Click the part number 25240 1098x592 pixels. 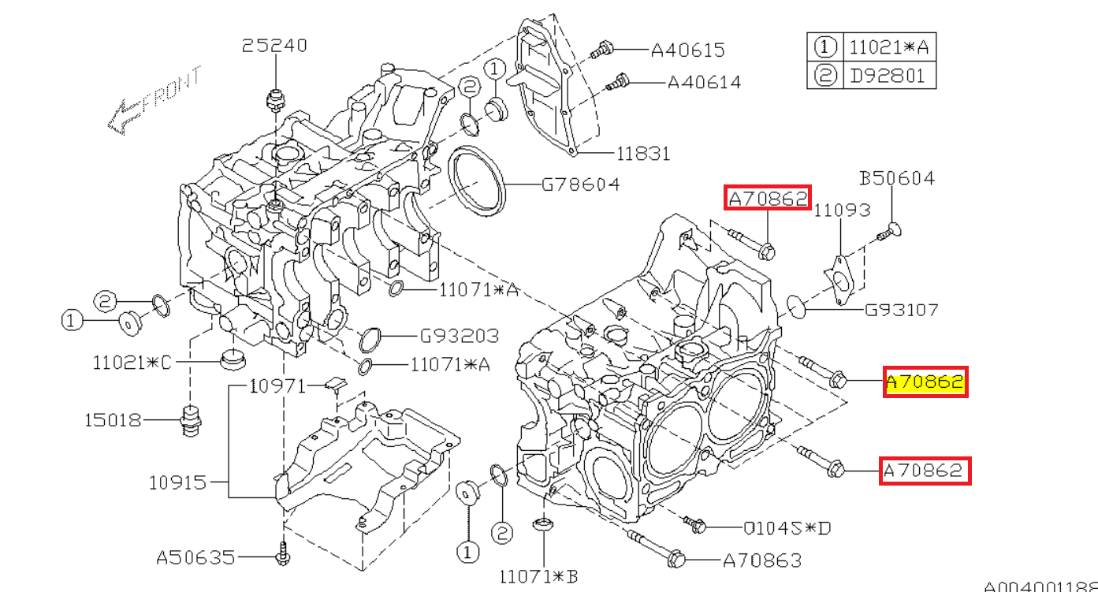tap(274, 46)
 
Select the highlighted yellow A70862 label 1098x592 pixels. tap(925, 382)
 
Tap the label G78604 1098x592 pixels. tap(580, 185)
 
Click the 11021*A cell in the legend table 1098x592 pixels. tap(888, 47)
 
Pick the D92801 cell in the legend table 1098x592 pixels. tap(888, 76)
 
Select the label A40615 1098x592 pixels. tap(687, 50)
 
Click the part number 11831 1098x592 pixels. tap(643, 154)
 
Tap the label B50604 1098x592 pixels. tap(897, 179)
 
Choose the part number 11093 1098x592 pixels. tap(842, 210)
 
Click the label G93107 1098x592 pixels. tap(902, 310)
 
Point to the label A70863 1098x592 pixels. tap(762, 560)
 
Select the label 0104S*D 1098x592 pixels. tap(787, 527)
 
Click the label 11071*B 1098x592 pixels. tap(539, 577)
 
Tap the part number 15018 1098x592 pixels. tap(114, 420)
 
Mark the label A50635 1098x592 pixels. tap(195, 558)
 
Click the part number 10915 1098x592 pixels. tap(177, 482)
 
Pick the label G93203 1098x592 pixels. tap(459, 336)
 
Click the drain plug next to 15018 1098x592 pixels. tap(189, 421)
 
